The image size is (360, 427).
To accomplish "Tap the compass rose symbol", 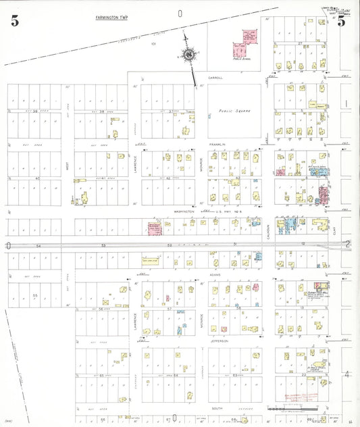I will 189,54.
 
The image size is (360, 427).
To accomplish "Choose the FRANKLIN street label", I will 217,144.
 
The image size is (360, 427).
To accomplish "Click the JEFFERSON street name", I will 218,342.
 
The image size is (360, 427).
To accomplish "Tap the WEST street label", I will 67,164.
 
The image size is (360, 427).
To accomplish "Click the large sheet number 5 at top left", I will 14,20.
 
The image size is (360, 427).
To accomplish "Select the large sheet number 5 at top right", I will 342,21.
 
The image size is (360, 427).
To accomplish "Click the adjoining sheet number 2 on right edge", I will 347,244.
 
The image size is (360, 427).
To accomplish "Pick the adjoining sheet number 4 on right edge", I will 347,374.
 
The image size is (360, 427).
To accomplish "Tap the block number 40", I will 38,178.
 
